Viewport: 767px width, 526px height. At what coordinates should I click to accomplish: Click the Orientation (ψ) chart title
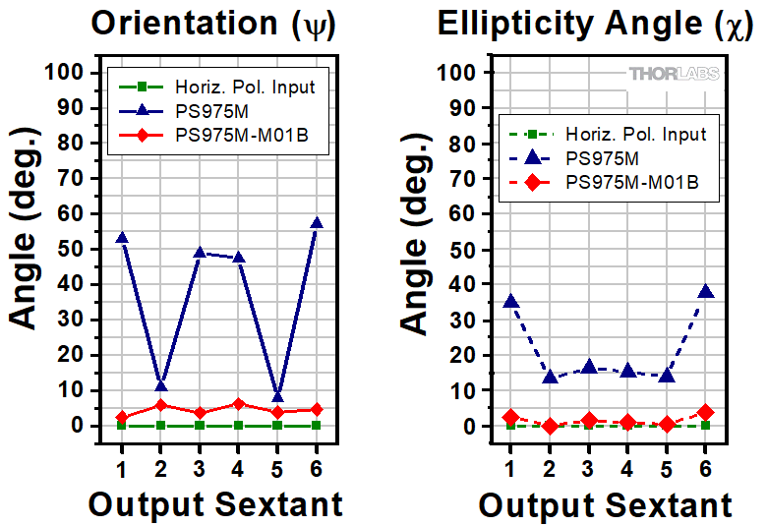coord(213,25)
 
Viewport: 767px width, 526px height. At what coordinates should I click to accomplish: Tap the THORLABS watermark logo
coord(674,74)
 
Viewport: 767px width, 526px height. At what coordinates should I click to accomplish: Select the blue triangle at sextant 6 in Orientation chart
coord(316,223)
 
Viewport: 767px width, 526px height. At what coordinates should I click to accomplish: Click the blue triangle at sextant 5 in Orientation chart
coord(277,397)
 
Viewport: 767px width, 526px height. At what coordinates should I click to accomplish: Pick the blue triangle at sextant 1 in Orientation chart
coord(121,238)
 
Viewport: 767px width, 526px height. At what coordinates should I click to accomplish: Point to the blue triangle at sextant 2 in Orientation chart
coord(160,385)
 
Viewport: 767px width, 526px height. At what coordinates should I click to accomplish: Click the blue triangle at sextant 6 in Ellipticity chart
coord(705,292)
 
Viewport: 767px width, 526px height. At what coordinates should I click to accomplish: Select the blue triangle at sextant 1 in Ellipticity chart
coord(510,302)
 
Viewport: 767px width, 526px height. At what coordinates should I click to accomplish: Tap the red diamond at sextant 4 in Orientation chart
coord(238,404)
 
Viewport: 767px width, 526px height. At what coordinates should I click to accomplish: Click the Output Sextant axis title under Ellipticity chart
coord(605,505)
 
